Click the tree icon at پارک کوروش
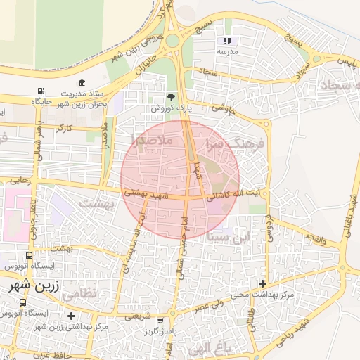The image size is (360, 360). pyautogui.click(x=171, y=98)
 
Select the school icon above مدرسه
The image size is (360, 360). pyautogui.click(x=227, y=41)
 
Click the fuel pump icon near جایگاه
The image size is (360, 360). pyautogui.click(x=42, y=91)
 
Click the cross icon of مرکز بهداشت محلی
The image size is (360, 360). pyautogui.click(x=263, y=283)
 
